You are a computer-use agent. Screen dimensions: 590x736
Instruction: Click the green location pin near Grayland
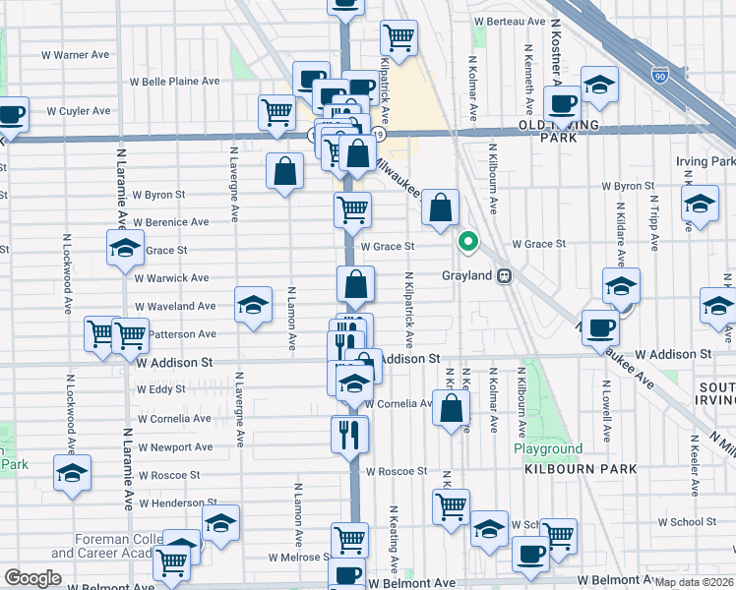point(469,241)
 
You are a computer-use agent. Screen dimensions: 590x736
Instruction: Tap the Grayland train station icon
point(505,276)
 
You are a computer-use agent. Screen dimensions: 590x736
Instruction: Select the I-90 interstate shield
point(660,75)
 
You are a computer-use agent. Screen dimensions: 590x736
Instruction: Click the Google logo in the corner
point(32,578)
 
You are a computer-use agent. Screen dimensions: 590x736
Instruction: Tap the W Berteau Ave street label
point(509,21)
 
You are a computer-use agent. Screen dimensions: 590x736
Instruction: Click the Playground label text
point(548,448)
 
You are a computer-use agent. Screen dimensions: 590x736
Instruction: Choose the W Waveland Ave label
point(175,307)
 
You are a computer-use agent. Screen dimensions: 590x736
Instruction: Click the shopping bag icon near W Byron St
point(284,171)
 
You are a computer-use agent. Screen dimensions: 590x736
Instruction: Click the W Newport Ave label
point(175,447)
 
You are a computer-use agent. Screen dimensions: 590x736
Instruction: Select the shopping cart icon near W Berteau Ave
point(399,37)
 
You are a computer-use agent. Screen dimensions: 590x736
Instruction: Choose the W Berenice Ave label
point(171,223)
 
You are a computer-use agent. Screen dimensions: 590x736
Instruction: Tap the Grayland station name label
point(466,276)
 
